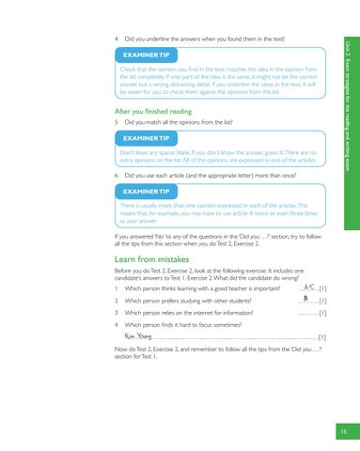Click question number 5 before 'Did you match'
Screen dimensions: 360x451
[114, 122]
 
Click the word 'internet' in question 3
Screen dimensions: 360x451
[205, 312]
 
